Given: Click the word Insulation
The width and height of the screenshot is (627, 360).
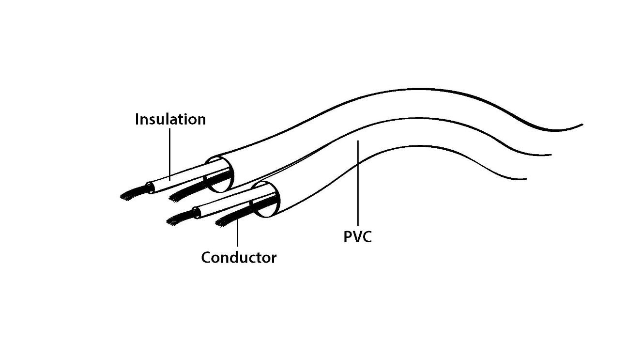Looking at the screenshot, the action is tap(170, 119).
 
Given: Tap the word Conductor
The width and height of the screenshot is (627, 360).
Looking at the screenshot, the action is tap(239, 257).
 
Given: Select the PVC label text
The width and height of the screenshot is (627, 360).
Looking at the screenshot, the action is tap(357, 237).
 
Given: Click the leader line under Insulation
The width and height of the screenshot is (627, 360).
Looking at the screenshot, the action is tap(169, 155).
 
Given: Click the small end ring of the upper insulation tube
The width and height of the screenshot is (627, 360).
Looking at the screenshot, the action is tap(150, 188).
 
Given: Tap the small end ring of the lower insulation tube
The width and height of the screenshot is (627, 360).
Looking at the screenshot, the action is tap(197, 213).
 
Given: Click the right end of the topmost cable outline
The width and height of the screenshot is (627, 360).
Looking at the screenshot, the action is tap(582, 125).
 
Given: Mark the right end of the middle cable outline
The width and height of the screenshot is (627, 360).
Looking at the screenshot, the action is tap(551, 155).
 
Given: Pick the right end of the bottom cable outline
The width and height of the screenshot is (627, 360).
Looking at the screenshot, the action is tap(526, 179).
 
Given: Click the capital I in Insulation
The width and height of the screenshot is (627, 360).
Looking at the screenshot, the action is tap(137, 119).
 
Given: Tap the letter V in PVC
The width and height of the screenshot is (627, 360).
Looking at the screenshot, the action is tap(357, 237).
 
